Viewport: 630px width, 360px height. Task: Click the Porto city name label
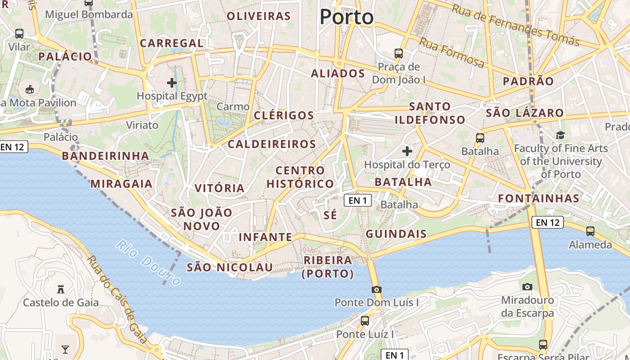pos(346,17)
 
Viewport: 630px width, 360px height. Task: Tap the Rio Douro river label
pos(148,263)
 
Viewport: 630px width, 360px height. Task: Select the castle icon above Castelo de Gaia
pos(61,289)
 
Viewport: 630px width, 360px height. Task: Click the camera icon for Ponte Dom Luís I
pos(377,289)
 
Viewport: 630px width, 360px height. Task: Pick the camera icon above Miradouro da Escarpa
pos(527,287)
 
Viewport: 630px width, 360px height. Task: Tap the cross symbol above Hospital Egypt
pos(172,83)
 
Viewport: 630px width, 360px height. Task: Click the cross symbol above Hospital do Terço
pos(407,151)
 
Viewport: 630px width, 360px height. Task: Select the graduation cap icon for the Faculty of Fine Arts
pos(560,135)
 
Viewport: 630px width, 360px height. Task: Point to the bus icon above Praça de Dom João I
pos(399,54)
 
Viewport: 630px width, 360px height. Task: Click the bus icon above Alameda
pos(590,231)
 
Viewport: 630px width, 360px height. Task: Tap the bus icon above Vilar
pos(19,34)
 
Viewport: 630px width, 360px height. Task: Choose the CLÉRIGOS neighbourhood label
pos(284,115)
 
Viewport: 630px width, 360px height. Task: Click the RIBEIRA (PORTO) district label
pos(328,267)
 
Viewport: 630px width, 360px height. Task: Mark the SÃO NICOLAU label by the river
pos(229,267)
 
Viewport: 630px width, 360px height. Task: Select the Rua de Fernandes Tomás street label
pos(516,25)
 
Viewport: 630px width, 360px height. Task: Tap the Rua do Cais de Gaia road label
pos(118,300)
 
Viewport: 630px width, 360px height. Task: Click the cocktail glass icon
pos(65,349)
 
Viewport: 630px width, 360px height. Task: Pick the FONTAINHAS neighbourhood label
pos(539,198)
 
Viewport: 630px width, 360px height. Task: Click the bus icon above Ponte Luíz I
pos(365,321)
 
